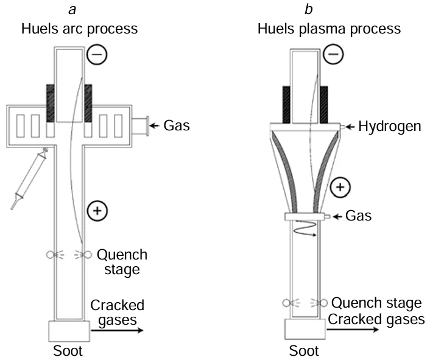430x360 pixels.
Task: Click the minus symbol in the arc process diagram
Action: (99, 55)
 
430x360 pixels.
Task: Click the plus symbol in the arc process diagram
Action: (97, 211)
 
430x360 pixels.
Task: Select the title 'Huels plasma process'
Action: (329, 28)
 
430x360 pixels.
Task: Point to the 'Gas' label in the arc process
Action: (177, 126)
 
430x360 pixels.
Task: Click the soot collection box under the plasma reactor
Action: (303, 330)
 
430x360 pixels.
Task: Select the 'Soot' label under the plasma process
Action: (303, 351)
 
